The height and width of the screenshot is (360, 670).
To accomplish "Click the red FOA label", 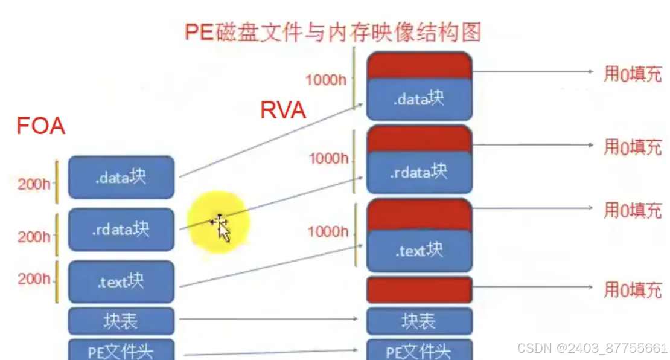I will click(40, 126).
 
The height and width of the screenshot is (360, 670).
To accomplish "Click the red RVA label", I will click(282, 110).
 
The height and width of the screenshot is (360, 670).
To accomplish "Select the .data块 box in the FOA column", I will click(121, 177).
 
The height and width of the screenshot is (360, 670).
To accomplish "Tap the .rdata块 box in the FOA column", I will click(121, 230).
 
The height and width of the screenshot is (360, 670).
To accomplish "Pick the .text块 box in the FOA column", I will click(121, 281).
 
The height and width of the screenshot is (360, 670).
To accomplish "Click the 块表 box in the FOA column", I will click(121, 321).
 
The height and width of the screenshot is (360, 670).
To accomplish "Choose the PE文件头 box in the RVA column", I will click(419, 350).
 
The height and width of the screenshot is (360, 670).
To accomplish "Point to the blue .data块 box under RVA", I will click(419, 98).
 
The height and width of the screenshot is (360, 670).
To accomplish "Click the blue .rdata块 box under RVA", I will click(419, 172).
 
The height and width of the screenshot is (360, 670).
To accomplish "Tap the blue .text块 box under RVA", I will click(419, 250).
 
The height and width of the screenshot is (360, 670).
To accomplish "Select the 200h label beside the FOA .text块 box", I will click(34, 279).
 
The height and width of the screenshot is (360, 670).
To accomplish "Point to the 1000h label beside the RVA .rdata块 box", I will click(329, 159).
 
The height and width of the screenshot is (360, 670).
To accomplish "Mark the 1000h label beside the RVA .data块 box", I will click(326, 79).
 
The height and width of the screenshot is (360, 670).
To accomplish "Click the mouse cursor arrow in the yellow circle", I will click(223, 230).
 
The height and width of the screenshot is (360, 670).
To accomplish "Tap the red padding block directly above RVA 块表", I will click(419, 289).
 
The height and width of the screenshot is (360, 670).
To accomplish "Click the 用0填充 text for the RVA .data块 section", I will click(633, 73).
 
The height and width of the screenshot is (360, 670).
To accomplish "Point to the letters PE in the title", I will click(197, 31).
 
